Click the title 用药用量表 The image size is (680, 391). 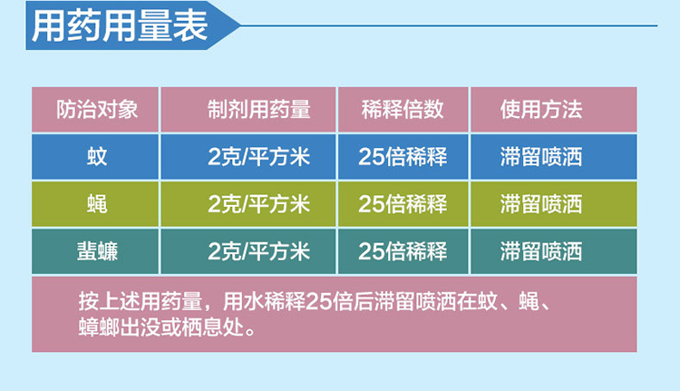click(x=120, y=26)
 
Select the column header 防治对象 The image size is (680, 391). click(x=97, y=110)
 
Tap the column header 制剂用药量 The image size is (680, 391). click(x=259, y=110)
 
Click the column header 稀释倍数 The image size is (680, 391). click(x=403, y=110)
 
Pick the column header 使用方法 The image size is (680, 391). click(x=540, y=110)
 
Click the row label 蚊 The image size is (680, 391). click(x=97, y=157)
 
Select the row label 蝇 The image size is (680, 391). click(x=97, y=204)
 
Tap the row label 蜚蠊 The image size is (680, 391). click(x=97, y=251)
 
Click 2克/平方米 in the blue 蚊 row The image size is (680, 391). click(x=259, y=157)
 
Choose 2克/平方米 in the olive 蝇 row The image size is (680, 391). click(x=259, y=204)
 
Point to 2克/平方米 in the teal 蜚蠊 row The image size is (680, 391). click(x=259, y=251)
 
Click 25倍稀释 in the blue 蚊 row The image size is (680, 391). click(x=403, y=157)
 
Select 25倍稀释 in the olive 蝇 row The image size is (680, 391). click(x=403, y=204)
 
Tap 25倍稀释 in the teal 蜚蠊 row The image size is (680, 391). click(x=403, y=251)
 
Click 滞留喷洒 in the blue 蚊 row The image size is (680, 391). click(x=540, y=157)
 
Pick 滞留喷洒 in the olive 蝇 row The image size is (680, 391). click(x=540, y=204)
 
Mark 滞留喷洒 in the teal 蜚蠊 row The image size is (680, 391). click(x=540, y=251)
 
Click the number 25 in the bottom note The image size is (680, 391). click(x=318, y=302)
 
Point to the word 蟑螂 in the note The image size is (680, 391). click(x=100, y=327)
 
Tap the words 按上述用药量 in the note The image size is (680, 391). click(x=141, y=301)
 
